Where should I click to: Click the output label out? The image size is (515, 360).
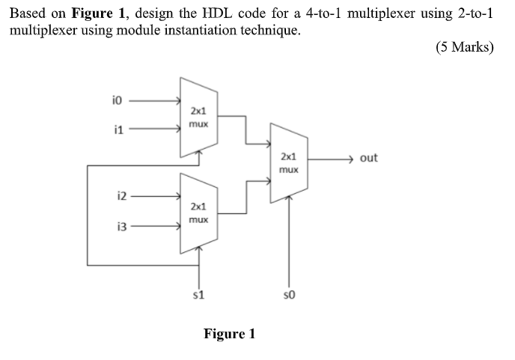tap(368, 158)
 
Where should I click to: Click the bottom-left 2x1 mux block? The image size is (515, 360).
tap(198, 212)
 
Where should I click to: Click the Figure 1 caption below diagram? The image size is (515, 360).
tap(229, 334)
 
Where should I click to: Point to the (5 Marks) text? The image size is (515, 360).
tap(464, 48)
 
